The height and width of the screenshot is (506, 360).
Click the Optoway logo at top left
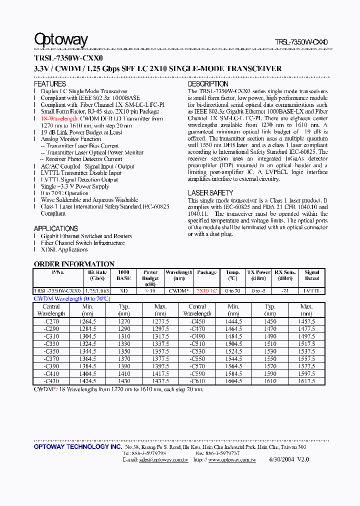[60, 40]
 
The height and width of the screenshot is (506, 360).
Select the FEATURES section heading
[49, 84]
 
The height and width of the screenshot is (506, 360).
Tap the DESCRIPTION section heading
[207, 84]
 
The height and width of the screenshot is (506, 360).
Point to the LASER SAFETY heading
[210, 193]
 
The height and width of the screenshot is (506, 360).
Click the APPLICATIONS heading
[55, 228]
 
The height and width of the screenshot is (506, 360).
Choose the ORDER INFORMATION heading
[74, 264]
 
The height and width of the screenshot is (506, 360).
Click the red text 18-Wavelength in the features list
[59, 119]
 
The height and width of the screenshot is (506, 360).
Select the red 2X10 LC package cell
[206, 290]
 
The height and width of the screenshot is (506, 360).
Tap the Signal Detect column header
[311, 275]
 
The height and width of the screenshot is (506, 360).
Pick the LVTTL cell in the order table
[311, 290]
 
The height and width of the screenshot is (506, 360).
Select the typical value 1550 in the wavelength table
[270, 359]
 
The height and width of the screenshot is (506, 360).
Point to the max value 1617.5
[306, 381]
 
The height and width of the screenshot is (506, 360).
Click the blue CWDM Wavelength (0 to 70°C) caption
[71, 298]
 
